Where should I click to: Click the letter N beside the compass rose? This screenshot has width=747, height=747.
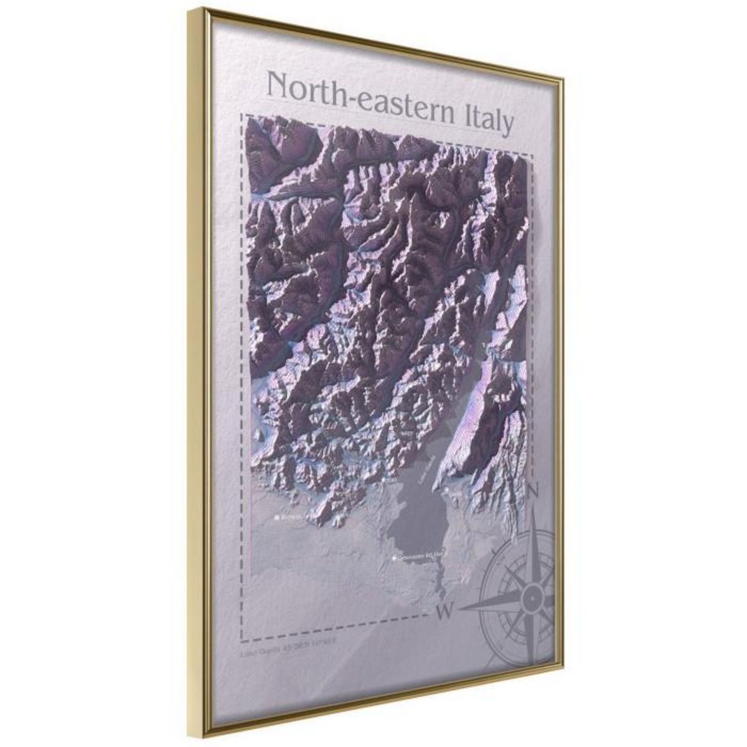pos(533,492)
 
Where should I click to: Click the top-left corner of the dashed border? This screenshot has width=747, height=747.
pos(243,115)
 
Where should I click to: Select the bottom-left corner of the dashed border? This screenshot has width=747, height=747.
pos(242,641)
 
